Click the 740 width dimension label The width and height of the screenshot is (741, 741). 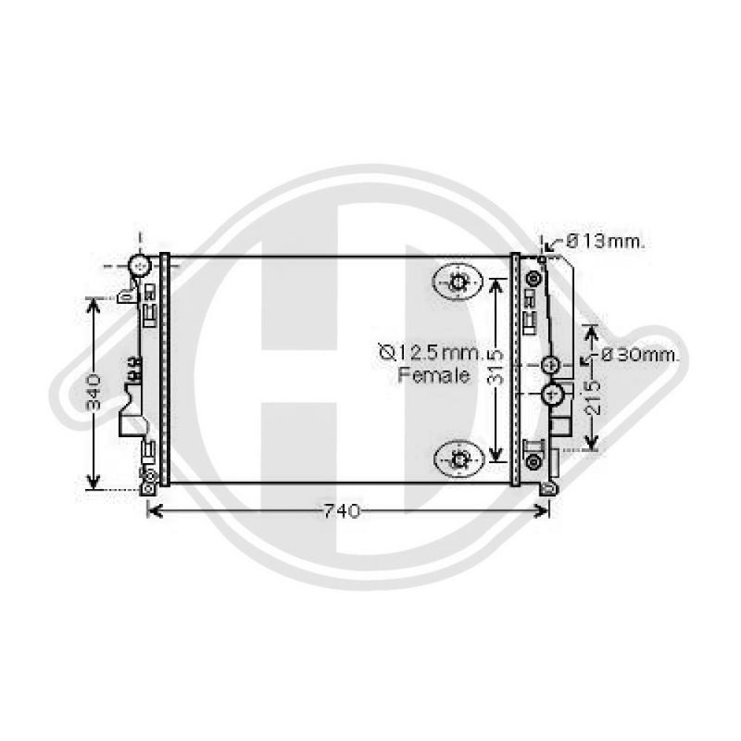tap(342, 511)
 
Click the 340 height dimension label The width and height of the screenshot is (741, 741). tap(94, 391)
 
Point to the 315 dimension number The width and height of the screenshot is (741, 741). tap(496, 367)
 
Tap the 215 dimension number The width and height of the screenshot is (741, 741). tap(593, 397)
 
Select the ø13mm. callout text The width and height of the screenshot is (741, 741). tap(606, 242)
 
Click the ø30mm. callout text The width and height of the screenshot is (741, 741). tap(640, 355)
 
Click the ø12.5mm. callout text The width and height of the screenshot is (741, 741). tap(430, 353)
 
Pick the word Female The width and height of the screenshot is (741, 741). tap(433, 375)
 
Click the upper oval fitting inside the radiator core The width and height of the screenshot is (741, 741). tap(458, 282)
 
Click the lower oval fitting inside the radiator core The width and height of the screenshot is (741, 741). tap(458, 458)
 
